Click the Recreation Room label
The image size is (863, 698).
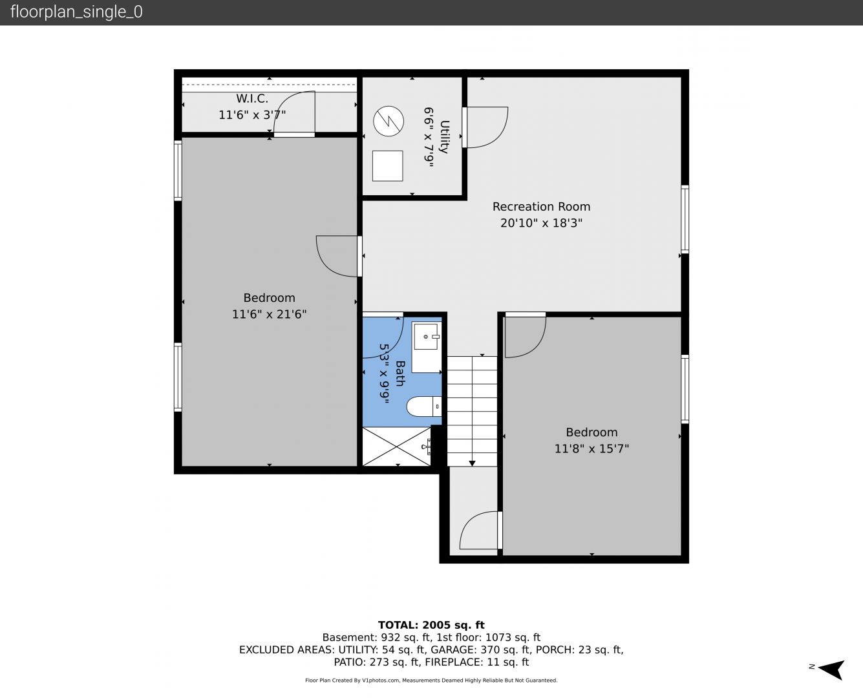click(541, 207)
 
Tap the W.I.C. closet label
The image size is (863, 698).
click(252, 98)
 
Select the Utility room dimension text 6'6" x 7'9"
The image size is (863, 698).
click(429, 137)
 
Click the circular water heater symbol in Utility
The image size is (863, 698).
click(389, 121)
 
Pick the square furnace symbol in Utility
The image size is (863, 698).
click(388, 166)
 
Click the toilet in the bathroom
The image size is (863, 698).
click(424, 407)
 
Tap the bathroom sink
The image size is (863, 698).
click(427, 336)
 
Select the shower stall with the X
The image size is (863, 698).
click(397, 447)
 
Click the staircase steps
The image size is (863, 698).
click(472, 411)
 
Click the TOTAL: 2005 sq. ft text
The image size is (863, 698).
click(431, 625)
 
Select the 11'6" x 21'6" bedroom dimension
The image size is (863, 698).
click(269, 314)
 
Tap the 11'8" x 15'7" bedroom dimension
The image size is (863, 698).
click(591, 449)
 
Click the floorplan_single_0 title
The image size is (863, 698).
click(76, 12)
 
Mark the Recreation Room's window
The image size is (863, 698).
click(685, 219)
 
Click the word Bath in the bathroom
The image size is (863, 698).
click(400, 374)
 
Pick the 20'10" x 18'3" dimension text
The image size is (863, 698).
click(541, 223)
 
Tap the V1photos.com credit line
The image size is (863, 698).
click(431, 680)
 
